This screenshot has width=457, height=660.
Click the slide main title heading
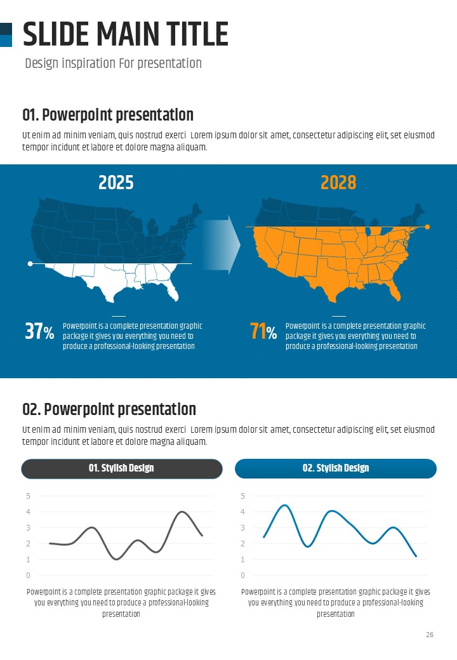click(125, 34)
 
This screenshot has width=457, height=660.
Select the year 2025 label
click(116, 183)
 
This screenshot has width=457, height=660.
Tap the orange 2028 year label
click(338, 183)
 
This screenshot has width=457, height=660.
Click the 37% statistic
click(39, 331)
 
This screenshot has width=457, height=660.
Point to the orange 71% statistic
click(263, 331)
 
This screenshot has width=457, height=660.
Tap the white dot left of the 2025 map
click(30, 263)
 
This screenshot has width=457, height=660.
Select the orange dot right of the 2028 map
click(427, 227)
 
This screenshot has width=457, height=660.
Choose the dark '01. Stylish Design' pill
click(121, 468)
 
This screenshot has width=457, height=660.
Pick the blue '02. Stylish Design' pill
click(336, 468)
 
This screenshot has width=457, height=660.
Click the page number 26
click(430, 635)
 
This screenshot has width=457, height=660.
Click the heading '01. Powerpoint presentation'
click(108, 115)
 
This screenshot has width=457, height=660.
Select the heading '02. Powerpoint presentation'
click(109, 409)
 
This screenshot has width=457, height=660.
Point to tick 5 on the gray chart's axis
click(28, 496)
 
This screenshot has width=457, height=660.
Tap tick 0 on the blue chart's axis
click(242, 576)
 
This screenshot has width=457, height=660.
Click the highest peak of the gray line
click(183, 511)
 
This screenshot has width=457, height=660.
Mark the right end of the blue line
click(416, 557)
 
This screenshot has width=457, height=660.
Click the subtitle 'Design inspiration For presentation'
click(113, 63)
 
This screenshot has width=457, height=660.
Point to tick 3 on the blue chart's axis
click(242, 527)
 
